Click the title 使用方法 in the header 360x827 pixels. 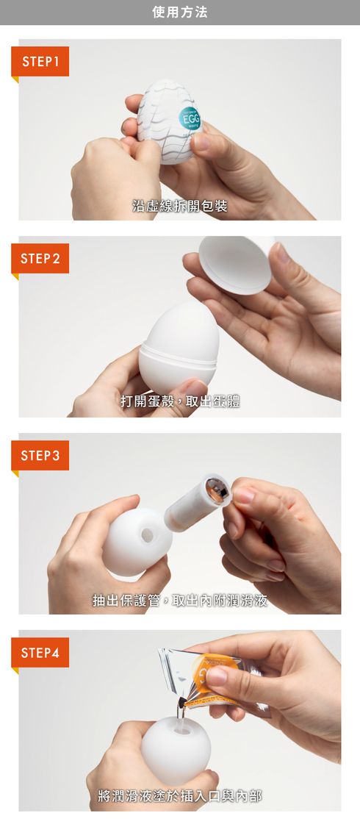click(x=180, y=12)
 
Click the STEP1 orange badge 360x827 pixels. click(x=40, y=62)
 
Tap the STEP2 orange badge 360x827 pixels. click(x=40, y=259)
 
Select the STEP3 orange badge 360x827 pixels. click(x=40, y=456)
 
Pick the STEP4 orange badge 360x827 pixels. click(x=40, y=653)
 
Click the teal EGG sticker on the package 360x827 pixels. click(x=190, y=118)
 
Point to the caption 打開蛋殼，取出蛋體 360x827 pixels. click(x=180, y=402)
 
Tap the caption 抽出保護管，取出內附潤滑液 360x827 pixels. click(x=180, y=600)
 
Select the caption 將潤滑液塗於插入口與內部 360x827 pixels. click(x=180, y=796)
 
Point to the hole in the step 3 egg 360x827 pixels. click(x=147, y=535)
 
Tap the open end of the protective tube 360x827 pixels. click(x=217, y=488)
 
